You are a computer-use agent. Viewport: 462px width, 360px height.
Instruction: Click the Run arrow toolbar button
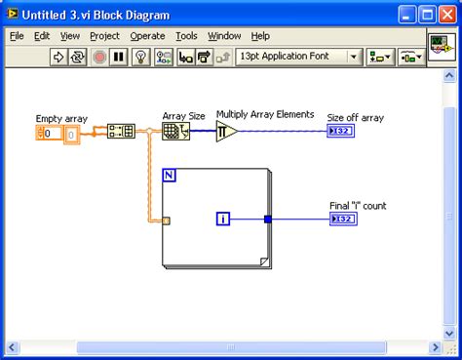58,58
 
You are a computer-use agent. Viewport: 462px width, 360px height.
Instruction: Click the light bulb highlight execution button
140,58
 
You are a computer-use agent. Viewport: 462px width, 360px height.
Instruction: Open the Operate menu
147,36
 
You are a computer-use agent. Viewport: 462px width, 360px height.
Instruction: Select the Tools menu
186,36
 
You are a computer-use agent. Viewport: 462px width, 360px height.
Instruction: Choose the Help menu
260,36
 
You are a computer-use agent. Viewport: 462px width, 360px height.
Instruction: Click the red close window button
447,15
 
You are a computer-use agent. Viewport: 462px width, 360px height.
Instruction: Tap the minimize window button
406,15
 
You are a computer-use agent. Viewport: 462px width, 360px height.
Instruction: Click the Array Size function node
175,132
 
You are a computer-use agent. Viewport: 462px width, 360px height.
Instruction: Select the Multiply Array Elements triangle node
226,132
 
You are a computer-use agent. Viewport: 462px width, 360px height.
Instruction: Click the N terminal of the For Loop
169,176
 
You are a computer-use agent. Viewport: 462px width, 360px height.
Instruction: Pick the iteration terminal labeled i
223,219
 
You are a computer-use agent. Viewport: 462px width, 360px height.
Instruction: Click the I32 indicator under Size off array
340,131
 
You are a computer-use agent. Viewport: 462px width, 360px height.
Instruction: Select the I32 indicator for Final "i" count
343,219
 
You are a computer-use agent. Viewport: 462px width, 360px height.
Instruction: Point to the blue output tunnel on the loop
268,220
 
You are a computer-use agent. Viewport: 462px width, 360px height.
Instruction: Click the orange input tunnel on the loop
166,221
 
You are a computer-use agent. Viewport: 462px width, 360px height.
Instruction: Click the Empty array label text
61,119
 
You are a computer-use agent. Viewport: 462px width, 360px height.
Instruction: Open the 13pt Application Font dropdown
298,58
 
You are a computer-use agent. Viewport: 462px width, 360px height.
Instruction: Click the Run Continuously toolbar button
77,58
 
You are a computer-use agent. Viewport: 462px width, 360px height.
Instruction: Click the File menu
17,36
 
